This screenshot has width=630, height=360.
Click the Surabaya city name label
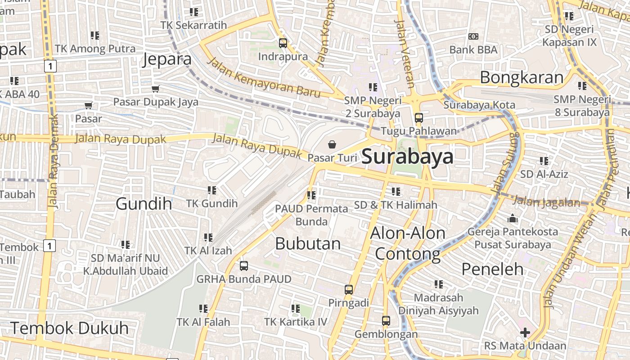click(407, 157)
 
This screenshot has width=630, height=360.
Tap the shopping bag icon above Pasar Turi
click(332, 144)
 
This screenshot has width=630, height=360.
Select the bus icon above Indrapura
click(283, 43)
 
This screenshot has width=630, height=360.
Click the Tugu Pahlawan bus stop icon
click(419, 118)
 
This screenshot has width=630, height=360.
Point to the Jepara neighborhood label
click(167, 59)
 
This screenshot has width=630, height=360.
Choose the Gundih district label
click(144, 204)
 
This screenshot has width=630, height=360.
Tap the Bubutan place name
click(308, 243)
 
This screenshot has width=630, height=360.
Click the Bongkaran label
click(522, 77)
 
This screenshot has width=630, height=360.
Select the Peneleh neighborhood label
click(493, 269)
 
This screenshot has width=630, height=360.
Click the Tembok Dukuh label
click(69, 328)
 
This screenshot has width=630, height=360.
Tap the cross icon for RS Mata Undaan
click(525, 333)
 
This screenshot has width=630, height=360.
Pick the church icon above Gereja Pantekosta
click(513, 219)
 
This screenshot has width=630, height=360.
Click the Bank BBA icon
click(473, 36)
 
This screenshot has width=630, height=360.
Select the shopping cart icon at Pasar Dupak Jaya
click(156, 89)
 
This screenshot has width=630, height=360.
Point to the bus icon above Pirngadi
click(349, 290)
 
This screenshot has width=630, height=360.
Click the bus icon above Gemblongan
click(386, 321)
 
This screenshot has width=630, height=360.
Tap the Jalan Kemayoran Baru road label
click(264, 78)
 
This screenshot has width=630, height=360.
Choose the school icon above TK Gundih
click(212, 190)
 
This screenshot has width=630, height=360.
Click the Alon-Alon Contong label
click(408, 243)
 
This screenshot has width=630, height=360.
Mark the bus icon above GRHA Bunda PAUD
click(244, 266)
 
